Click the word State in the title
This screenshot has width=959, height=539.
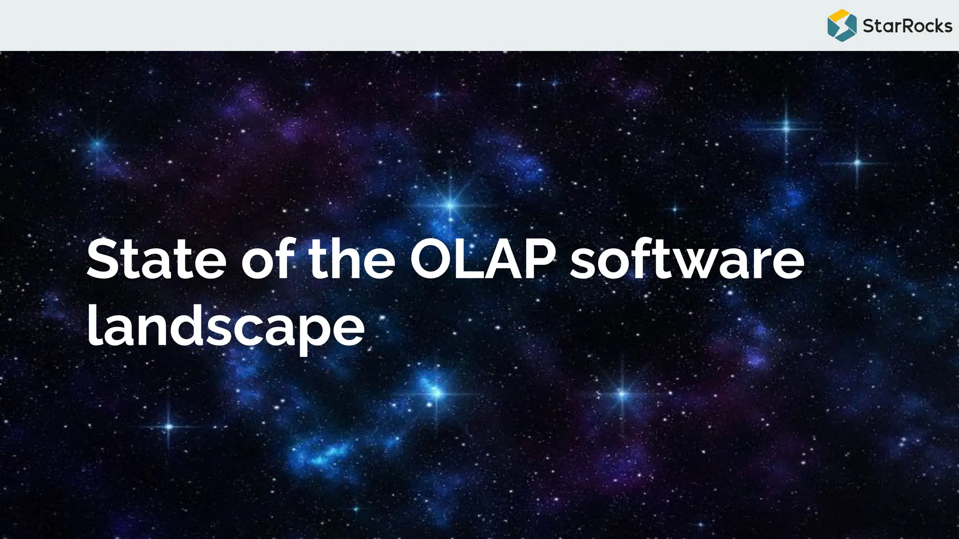click(x=156, y=260)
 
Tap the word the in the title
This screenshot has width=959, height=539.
click(x=352, y=260)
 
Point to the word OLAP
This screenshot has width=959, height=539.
click(x=483, y=260)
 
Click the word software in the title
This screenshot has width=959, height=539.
click(x=687, y=260)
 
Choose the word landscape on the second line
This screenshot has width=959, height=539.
click(x=226, y=328)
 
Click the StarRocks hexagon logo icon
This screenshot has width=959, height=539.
click(x=841, y=25)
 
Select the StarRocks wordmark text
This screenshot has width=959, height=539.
click(x=907, y=26)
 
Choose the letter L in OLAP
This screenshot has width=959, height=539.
click(x=469, y=260)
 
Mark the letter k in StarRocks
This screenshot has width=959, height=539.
click(x=934, y=26)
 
